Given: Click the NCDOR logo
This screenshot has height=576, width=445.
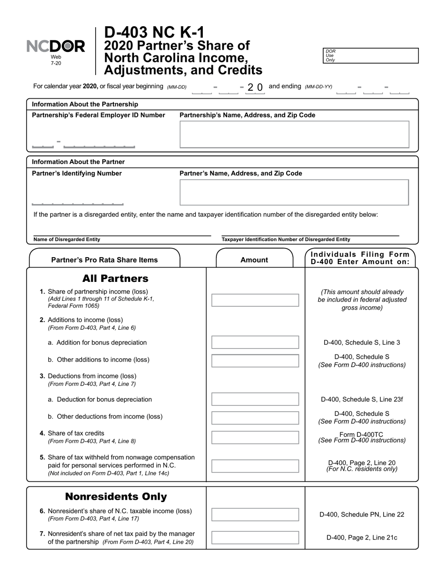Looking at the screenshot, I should click(56, 46).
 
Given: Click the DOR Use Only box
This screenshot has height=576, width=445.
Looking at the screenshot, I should click(371, 55).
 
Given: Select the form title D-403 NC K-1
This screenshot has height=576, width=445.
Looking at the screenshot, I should click(154, 33).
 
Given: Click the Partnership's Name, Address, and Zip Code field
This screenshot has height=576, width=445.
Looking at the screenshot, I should click(294, 134).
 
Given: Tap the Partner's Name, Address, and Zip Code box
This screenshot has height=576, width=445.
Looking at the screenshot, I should click(294, 192).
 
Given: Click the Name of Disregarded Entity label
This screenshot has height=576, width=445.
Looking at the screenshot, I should click(67, 239).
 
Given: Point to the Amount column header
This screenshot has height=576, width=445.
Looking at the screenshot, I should click(254, 260).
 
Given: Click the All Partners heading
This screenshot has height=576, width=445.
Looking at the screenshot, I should click(115, 279).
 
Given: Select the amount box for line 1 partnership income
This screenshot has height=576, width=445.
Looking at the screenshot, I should click(255, 300).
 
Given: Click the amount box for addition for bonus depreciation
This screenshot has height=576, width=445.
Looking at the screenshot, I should click(255, 342).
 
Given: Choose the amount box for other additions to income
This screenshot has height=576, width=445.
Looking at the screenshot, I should click(255, 361).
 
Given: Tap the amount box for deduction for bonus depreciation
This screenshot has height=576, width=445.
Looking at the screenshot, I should click(255, 399).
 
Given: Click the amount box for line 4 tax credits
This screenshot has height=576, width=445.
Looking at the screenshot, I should click(255, 437).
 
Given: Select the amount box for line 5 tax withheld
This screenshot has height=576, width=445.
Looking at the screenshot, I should click(255, 466).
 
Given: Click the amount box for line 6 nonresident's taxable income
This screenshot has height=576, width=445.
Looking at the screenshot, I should click(255, 515).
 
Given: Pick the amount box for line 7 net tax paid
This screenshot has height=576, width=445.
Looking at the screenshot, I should click(255, 538).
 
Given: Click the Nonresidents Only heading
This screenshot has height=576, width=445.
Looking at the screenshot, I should click(116, 496).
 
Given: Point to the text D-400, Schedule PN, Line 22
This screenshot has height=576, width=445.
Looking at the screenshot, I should click(362, 515).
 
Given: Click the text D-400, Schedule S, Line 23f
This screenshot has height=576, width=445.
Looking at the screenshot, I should click(362, 399).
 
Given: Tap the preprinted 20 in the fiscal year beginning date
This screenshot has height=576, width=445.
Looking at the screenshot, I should click(255, 87).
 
